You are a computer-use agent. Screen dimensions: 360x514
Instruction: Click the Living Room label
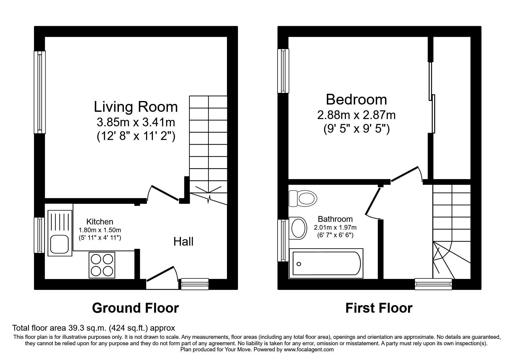click(x=136, y=107)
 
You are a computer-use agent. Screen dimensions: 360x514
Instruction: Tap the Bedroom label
click(x=356, y=100)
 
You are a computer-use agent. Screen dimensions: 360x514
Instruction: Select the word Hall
click(x=183, y=242)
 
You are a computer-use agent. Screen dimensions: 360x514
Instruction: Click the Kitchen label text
click(x=100, y=222)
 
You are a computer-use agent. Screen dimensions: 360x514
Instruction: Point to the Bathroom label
click(x=335, y=219)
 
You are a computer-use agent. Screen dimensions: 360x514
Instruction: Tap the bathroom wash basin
click(x=298, y=228)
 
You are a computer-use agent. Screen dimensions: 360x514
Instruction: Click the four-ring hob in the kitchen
click(x=102, y=265)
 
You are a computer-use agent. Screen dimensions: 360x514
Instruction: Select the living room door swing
click(x=163, y=192)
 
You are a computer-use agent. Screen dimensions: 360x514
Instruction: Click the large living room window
click(x=40, y=92)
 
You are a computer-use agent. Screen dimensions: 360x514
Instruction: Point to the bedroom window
click(x=283, y=71)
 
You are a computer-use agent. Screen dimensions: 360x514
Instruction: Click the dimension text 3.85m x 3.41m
click(x=136, y=122)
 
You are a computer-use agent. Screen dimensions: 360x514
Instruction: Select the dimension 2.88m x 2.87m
click(x=356, y=115)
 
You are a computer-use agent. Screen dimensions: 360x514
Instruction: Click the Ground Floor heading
click(x=135, y=308)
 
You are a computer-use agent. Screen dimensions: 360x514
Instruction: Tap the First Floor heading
click(x=378, y=308)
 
